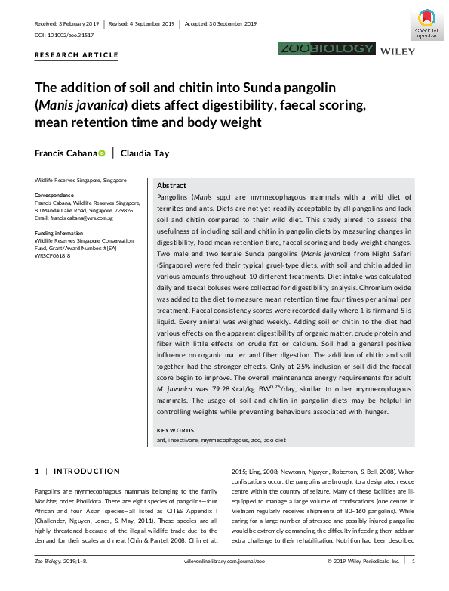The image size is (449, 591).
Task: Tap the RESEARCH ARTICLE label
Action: coord(76,55)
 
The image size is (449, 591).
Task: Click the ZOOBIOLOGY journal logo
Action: coord(327,49)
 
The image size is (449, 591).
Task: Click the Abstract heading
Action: coord(171,185)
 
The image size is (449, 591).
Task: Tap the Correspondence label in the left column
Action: coord(57,196)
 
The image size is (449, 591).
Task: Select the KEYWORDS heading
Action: coord(175,430)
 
